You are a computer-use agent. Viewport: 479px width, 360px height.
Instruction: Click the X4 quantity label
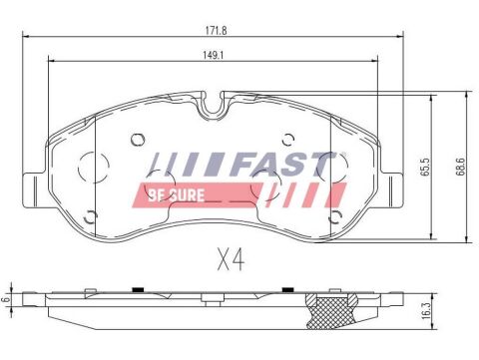(230, 262)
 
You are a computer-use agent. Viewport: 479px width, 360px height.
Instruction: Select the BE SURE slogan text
(176, 193)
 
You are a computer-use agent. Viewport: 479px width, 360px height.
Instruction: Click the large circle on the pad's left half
(93, 167)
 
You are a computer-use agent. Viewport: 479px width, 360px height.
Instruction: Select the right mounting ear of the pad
(391, 181)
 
